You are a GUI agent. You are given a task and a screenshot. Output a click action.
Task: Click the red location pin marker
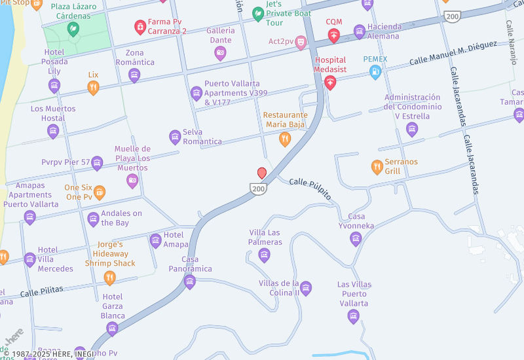262,173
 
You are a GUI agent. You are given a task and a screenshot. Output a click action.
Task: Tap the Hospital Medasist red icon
330,82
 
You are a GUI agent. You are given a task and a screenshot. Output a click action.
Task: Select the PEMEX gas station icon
375,72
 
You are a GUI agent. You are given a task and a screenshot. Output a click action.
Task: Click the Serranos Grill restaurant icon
377,167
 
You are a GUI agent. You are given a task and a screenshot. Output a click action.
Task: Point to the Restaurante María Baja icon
284,138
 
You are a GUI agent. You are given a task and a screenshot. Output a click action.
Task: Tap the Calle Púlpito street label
310,189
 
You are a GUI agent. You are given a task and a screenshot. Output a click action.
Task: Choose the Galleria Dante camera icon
220,52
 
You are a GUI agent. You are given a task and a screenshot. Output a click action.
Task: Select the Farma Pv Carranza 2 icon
140,26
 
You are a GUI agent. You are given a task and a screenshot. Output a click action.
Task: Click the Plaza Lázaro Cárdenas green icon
73,29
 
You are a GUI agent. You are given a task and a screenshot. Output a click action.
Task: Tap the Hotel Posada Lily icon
54,85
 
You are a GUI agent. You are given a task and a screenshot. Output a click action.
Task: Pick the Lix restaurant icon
93,88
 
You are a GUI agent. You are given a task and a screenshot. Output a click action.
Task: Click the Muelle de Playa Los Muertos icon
132,180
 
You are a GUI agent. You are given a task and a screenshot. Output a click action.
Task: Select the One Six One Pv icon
99,192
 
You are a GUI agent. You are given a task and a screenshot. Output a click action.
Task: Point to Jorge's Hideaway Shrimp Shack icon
110,278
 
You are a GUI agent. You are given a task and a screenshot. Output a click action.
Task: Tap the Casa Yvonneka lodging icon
356,238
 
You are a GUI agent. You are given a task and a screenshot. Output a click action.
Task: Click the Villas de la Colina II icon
305,288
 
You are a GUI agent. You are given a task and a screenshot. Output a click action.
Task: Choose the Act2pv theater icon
301,43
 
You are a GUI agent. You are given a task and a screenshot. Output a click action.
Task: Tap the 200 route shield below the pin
259,189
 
